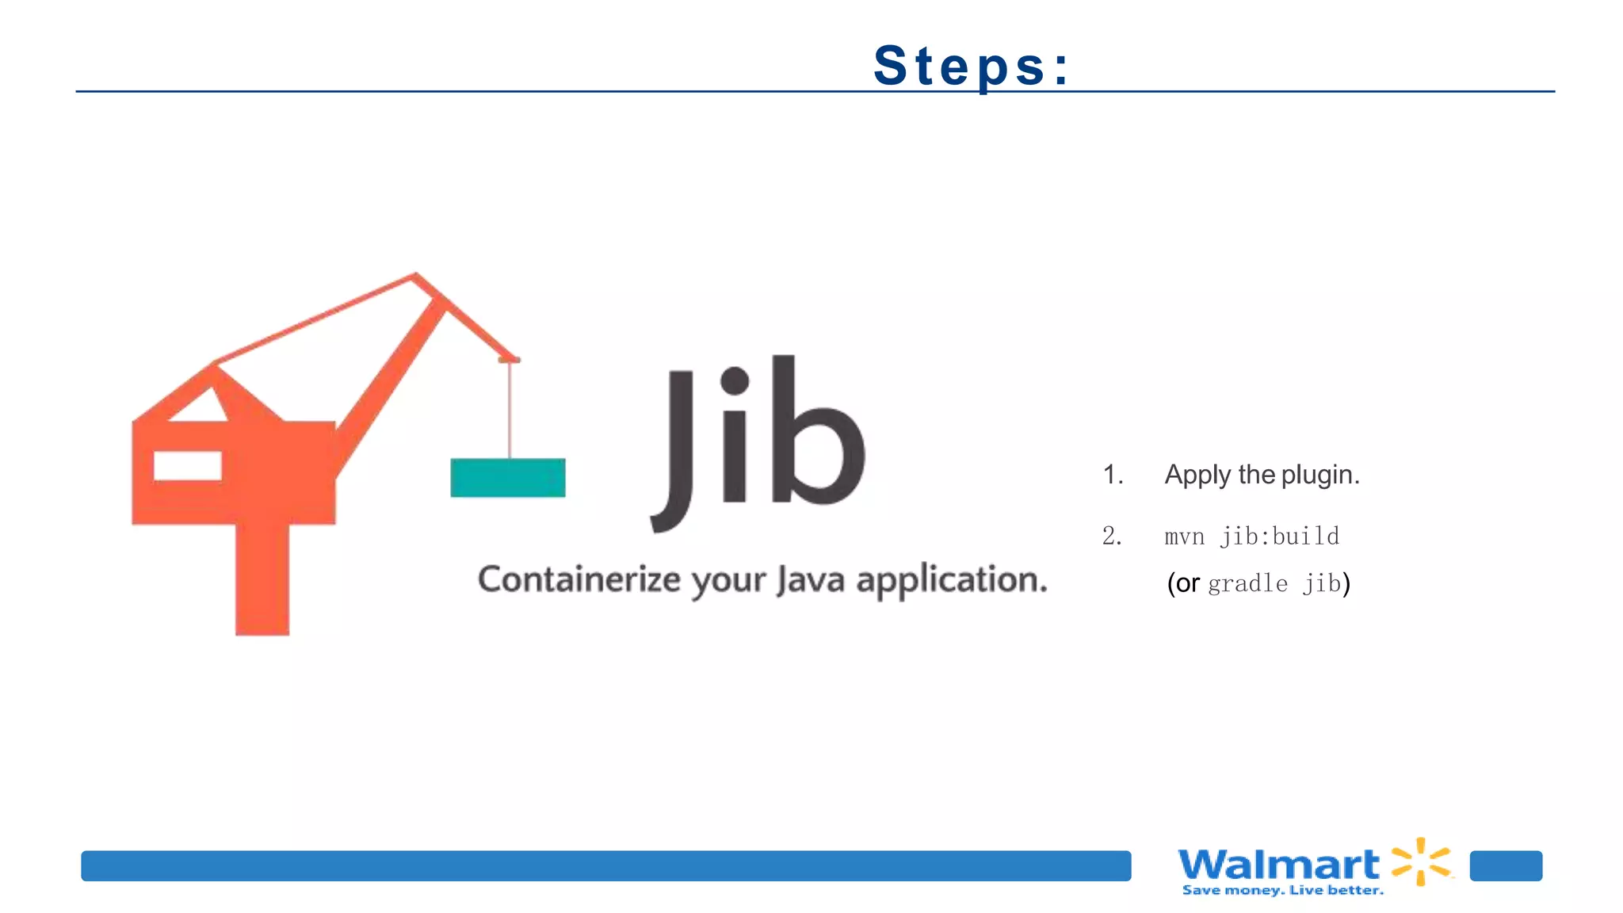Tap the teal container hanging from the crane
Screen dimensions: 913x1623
508,478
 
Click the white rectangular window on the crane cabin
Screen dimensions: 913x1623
187,466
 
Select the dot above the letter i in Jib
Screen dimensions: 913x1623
735,380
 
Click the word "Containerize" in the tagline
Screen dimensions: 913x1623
579,579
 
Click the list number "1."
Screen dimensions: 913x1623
1113,475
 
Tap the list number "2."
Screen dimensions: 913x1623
1112,537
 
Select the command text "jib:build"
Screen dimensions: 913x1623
1280,537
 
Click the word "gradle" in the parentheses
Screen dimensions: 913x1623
1247,584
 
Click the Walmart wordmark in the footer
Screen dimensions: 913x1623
1278,864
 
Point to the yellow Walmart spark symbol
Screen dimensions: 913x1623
1422,861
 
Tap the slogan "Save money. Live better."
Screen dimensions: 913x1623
1282,891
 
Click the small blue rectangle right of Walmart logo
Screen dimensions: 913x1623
1506,865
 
